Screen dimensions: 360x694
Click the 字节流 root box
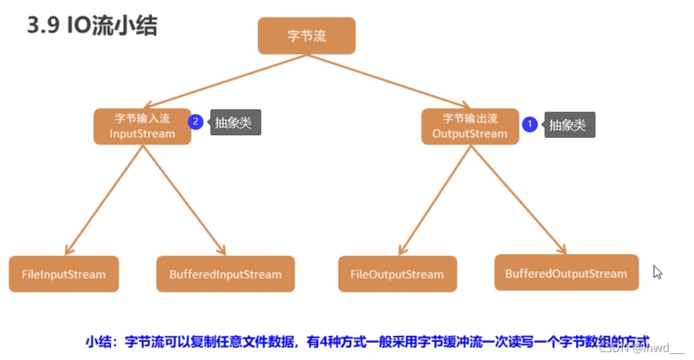pyautogui.click(x=306, y=36)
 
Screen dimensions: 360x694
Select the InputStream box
pyautogui.click(x=142, y=126)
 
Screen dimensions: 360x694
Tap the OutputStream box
pyautogui.click(x=469, y=126)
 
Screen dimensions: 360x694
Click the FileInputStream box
pyautogui.click(x=63, y=274)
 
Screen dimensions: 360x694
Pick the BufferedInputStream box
pyautogui.click(x=226, y=274)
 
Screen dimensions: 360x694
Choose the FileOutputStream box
pyautogui.click(x=397, y=274)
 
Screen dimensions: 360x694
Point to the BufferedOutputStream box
pyautogui.click(x=566, y=272)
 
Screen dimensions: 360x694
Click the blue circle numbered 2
pyautogui.click(x=196, y=122)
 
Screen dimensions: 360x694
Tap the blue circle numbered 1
pyautogui.click(x=527, y=124)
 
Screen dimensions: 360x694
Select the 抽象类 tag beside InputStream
pyautogui.click(x=233, y=122)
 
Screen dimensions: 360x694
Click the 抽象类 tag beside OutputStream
pyautogui.click(x=566, y=125)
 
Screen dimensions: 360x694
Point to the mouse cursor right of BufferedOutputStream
pyautogui.click(x=657, y=272)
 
